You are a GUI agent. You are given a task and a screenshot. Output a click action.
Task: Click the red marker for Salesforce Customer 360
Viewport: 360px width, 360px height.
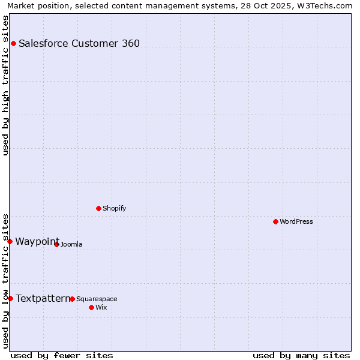(x=13, y=43)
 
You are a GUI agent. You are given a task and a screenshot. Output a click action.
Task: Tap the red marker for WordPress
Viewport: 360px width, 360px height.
(x=275, y=221)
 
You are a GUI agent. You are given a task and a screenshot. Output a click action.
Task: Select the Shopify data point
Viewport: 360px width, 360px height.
(x=98, y=208)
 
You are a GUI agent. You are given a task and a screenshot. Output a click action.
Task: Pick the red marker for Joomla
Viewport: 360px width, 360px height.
(x=56, y=244)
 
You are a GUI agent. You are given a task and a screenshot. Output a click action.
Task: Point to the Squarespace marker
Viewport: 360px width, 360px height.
(x=72, y=299)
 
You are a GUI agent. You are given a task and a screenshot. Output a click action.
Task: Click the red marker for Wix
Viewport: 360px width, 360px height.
(x=91, y=307)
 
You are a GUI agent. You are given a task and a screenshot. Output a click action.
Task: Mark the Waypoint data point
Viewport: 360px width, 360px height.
(x=10, y=241)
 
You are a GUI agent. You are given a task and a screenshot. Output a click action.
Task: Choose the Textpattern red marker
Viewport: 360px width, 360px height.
(x=10, y=298)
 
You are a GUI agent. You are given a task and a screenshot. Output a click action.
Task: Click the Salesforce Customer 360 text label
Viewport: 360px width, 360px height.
(x=79, y=43)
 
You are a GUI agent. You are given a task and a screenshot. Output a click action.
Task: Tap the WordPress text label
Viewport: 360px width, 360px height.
(x=296, y=221)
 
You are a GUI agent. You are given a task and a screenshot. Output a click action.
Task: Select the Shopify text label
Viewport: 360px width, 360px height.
(x=115, y=208)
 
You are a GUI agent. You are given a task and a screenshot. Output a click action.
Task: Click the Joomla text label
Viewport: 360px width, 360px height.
(x=71, y=244)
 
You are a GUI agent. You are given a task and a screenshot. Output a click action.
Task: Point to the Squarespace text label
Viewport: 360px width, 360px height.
(x=97, y=299)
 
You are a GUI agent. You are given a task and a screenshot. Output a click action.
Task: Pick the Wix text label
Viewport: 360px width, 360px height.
(x=101, y=307)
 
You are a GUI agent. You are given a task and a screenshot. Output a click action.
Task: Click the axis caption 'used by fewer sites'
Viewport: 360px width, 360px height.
(x=62, y=355)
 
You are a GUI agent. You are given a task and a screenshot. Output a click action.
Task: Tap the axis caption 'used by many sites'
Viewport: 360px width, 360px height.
(x=301, y=355)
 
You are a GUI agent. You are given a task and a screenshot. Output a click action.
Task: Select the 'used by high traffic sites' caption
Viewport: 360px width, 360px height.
(x=5, y=85)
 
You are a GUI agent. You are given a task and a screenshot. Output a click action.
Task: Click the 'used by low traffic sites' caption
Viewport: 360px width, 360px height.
(x=5, y=280)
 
